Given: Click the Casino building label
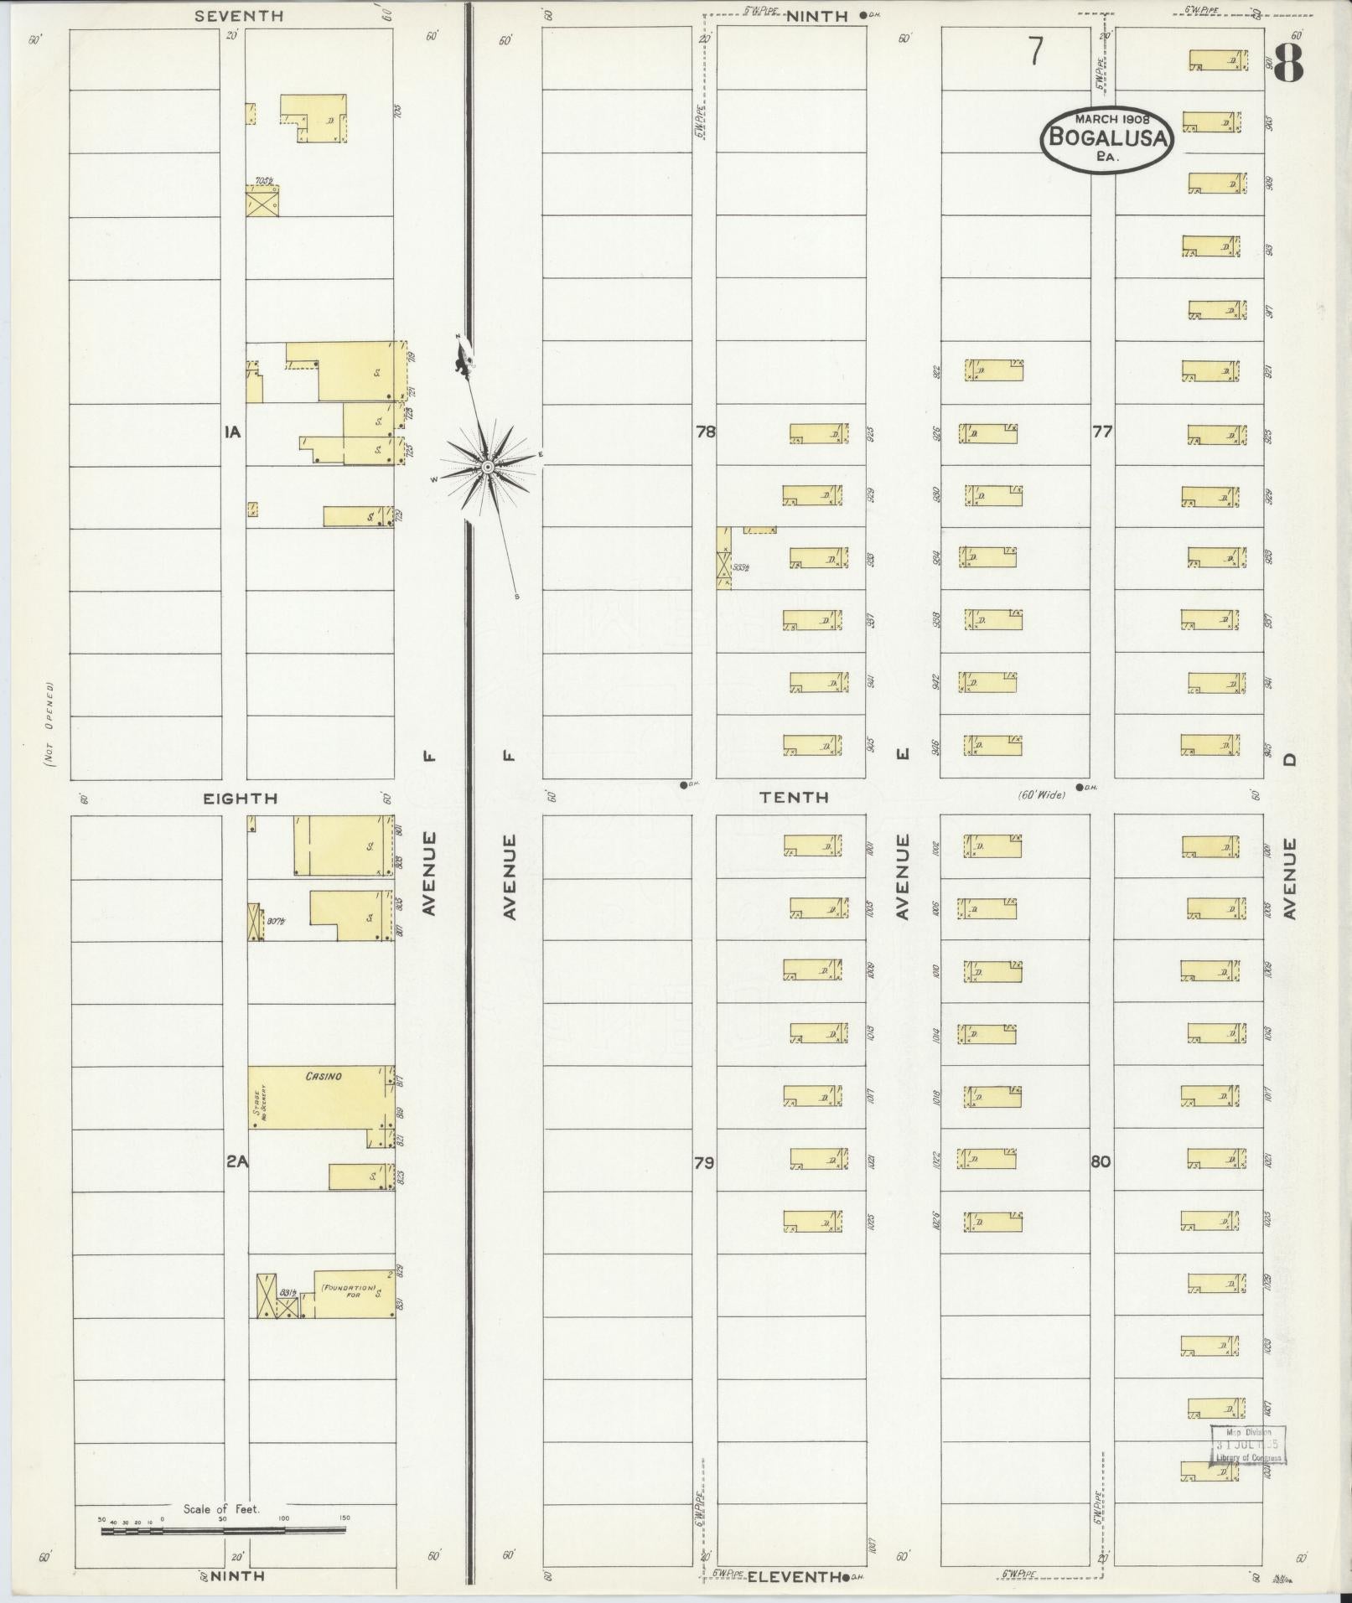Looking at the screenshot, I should (x=324, y=1076).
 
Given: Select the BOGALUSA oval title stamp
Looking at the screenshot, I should (x=1106, y=139).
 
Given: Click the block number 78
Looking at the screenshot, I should (x=705, y=432).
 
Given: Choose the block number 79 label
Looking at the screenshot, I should (x=704, y=1162).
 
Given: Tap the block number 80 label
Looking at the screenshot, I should (x=1101, y=1162).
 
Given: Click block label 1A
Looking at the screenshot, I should (x=232, y=432).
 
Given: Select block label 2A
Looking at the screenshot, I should (x=236, y=1162).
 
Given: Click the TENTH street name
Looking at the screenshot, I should (x=795, y=798).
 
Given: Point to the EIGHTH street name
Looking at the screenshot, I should (x=241, y=799).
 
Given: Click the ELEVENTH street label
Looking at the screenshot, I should (x=794, y=1576).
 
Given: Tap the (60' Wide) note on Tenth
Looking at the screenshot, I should (x=1041, y=794).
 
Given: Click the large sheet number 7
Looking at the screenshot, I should (x=1037, y=52).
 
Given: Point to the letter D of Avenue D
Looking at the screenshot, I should (x=1289, y=758).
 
